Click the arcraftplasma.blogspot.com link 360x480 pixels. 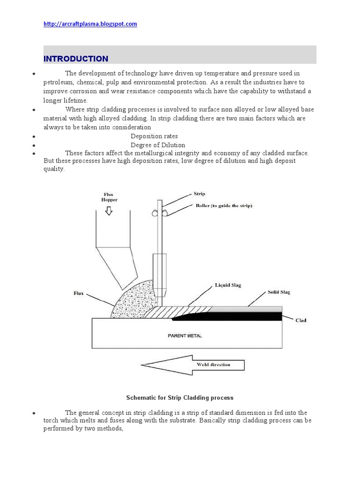coord(90,24)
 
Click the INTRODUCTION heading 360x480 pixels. coord(75,59)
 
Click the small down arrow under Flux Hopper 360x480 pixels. coord(109,210)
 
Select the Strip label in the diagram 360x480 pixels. coord(200,193)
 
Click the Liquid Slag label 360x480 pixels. coord(228,285)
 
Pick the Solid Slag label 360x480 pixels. coord(278,292)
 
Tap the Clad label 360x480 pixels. coord(300,321)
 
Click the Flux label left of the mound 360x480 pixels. coord(79,294)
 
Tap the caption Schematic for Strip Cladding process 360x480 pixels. coord(180,397)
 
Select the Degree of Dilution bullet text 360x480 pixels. coord(158,145)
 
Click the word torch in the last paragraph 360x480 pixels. coord(52,421)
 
